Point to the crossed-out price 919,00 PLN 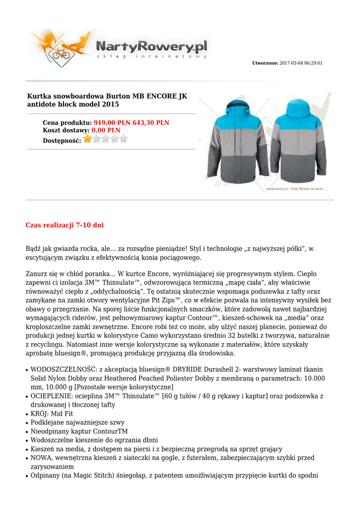point(112,123)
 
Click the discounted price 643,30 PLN point(151,123)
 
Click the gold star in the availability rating point(88,139)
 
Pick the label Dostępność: point(62,140)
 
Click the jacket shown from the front point(234,141)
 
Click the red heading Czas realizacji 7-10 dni point(65,225)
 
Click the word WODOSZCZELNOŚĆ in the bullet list point(64,369)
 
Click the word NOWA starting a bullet point(41,458)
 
